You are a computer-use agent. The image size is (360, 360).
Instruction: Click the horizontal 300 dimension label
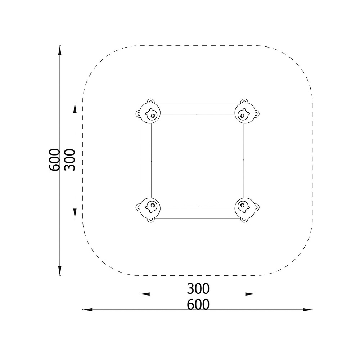pyautogui.click(x=198, y=289)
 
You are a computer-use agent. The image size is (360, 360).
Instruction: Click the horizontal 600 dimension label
pyautogui.click(x=198, y=305)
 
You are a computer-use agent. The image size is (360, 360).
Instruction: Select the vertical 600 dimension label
pyautogui.click(x=54, y=160)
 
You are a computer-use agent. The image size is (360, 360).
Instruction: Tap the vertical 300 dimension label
pyautogui.click(x=70, y=160)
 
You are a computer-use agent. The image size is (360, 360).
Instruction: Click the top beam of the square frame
pyautogui.click(x=197, y=109)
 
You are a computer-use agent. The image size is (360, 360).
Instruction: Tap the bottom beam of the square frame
pyautogui.click(x=197, y=212)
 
